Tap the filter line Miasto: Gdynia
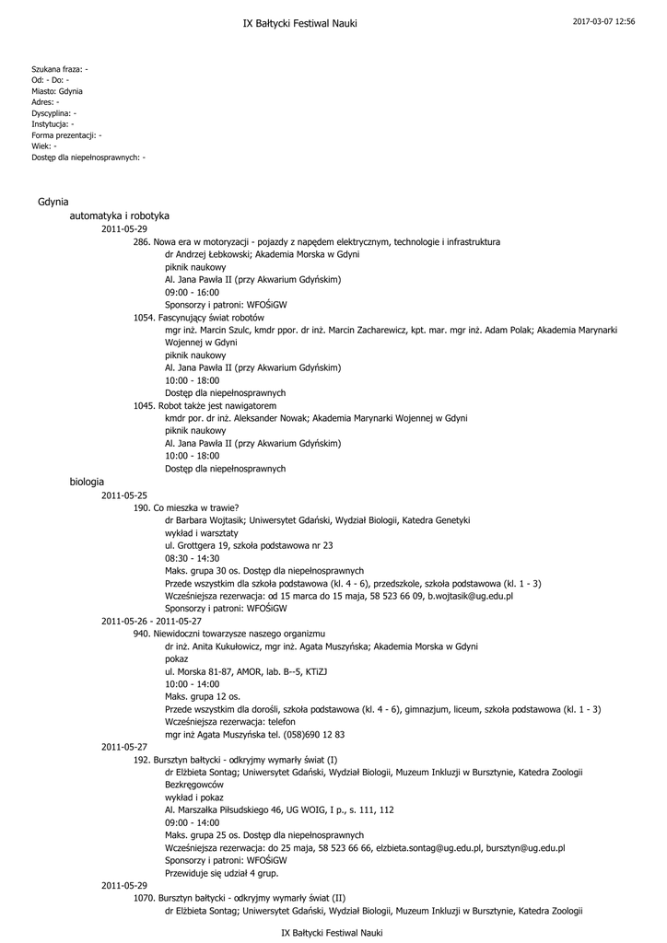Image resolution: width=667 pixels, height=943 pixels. (57, 91)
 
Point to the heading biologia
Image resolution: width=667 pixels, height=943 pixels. (87, 482)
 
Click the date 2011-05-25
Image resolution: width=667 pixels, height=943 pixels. (123, 495)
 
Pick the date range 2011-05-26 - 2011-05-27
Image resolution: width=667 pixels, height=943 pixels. (151, 621)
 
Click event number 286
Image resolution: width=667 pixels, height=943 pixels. (142, 241)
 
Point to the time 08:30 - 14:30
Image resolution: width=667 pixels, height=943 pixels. (192, 558)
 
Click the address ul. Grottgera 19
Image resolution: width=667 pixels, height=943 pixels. (196, 545)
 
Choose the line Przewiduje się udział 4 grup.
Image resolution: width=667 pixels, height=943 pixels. (220, 872)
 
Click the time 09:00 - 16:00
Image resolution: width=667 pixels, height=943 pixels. (192, 291)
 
